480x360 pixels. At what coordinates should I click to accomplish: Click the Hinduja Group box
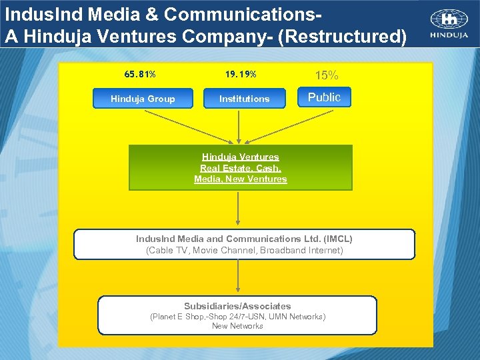(143, 99)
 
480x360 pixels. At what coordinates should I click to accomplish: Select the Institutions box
(244, 99)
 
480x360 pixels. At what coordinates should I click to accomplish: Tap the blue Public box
(324, 97)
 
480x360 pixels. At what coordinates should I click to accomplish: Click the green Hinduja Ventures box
(240, 168)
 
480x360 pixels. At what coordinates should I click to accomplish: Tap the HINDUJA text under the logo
(448, 36)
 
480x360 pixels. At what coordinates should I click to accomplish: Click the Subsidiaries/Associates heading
(237, 306)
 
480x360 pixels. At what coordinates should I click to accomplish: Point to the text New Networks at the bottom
(237, 326)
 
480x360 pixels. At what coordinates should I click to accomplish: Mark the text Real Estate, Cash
(240, 168)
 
